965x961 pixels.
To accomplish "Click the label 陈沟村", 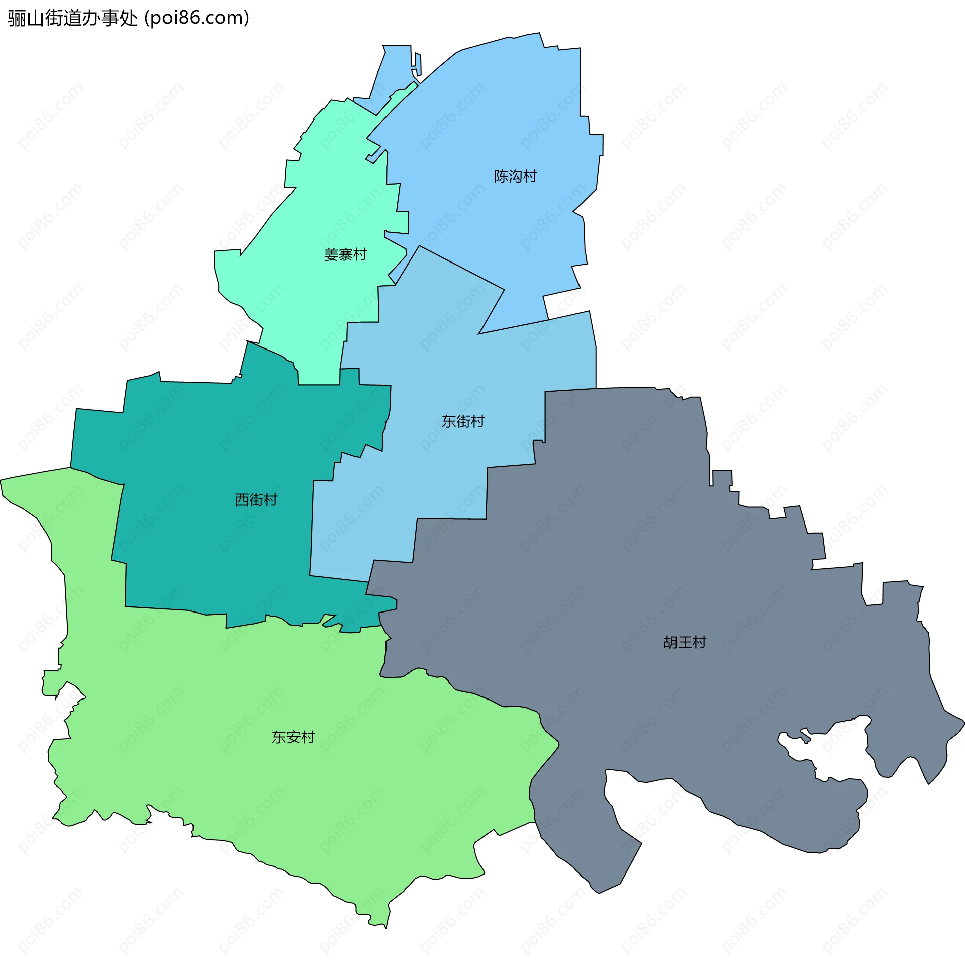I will [x=515, y=177].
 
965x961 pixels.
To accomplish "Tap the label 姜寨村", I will [x=345, y=255].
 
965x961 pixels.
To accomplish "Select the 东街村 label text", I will [x=463, y=421].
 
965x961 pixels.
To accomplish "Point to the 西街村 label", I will [x=256, y=500].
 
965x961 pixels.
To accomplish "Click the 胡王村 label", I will [x=685, y=642].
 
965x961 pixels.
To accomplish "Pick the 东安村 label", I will [x=293, y=737].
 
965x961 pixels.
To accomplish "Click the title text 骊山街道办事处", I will [x=73, y=18].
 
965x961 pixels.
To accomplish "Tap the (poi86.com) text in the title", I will [x=197, y=18].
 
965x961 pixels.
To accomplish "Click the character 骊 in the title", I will [x=17, y=18].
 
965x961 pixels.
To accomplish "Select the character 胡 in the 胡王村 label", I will [x=670, y=642].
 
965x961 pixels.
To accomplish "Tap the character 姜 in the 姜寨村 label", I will [x=331, y=255].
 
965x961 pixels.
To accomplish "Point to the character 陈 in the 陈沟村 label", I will [x=501, y=177].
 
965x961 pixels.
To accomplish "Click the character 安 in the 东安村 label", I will [x=293, y=737].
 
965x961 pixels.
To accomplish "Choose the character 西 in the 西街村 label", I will [x=242, y=500].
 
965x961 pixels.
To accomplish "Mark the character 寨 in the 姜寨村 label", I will [x=345, y=255].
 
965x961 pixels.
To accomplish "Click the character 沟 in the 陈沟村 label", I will [x=515, y=177].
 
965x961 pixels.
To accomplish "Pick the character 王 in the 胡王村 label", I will [x=685, y=642].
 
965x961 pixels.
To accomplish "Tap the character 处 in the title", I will [x=129, y=18].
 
